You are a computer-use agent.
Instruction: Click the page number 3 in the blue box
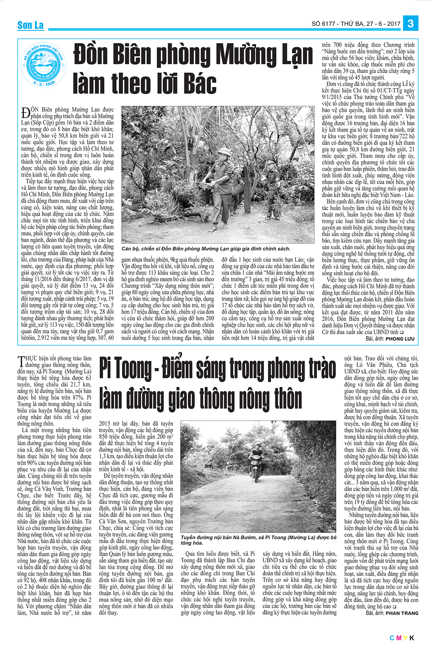[x=410, y=24]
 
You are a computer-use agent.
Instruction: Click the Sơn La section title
[x=31, y=25]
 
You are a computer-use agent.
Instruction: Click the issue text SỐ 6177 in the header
[x=324, y=24]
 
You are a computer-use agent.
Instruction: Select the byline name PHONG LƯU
[x=400, y=339]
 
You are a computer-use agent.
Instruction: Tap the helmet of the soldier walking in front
[x=223, y=151]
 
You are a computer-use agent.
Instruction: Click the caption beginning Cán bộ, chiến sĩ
[x=206, y=249]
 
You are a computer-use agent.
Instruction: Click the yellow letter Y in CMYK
[x=405, y=638]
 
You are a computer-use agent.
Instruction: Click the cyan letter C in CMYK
[x=392, y=638]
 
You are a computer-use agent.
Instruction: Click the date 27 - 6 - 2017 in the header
[x=383, y=24]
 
